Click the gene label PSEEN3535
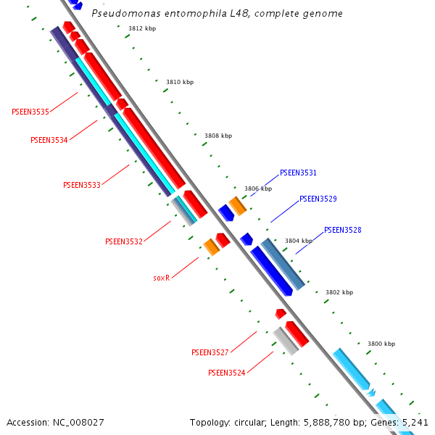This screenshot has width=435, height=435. [30, 112]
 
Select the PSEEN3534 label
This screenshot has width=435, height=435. [49, 140]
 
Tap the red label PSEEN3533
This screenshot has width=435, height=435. [82, 185]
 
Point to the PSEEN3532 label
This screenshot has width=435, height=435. [123, 241]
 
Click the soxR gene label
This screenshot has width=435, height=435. [161, 278]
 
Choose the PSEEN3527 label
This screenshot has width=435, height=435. [210, 352]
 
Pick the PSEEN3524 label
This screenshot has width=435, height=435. [226, 373]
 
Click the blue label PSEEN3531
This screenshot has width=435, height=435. [298, 173]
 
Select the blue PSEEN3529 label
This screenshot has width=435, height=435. [318, 199]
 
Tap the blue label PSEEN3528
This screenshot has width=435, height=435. [342, 230]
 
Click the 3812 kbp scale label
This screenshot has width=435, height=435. [142, 29]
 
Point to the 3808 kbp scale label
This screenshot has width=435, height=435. [218, 136]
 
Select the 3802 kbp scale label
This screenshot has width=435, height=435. [339, 292]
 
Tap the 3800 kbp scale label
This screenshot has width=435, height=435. [381, 344]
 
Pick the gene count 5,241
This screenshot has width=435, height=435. [415, 422]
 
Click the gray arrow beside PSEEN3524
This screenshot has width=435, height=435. [286, 341]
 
